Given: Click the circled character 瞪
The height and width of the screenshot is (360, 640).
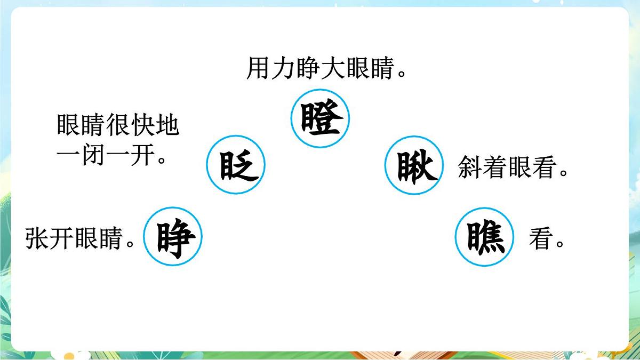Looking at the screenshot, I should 320,119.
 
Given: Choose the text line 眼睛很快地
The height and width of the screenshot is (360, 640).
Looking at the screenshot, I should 118,126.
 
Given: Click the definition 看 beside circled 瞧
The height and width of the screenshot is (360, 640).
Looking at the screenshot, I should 540,239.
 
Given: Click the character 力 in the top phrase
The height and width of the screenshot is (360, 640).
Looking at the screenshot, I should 283,69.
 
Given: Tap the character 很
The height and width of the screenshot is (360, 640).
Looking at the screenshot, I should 118,126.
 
